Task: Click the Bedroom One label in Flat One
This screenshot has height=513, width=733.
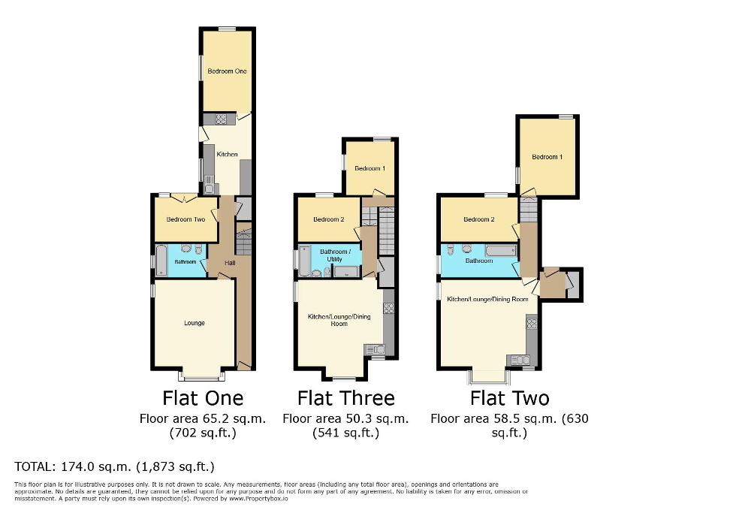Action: (x=227, y=71)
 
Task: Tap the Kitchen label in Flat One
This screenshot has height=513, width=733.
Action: (x=227, y=155)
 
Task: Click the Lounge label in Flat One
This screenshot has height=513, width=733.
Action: (x=195, y=323)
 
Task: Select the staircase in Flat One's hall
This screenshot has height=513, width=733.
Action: (x=243, y=241)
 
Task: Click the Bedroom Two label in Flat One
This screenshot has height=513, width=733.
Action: (x=186, y=219)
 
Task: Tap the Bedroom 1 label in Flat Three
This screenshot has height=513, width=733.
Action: (x=370, y=168)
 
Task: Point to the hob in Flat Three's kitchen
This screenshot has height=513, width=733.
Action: (x=388, y=308)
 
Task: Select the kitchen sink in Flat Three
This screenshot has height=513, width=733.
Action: (x=374, y=349)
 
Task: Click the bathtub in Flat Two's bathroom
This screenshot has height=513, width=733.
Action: (x=500, y=250)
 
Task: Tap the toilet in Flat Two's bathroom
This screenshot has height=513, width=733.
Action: (x=450, y=250)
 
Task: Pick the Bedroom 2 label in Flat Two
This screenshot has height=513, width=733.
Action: (x=478, y=219)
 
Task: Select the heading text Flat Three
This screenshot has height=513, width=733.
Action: (x=345, y=397)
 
